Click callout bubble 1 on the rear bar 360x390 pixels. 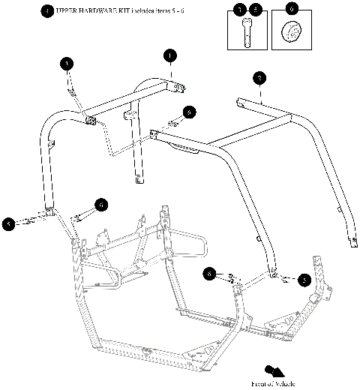point(170,55)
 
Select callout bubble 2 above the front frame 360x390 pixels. point(258,77)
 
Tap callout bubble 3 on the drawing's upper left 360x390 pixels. point(67,64)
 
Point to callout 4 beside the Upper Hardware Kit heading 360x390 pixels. point(48,12)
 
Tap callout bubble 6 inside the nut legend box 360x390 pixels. point(292,10)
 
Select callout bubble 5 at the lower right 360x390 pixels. point(304,280)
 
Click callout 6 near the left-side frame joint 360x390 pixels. point(100,204)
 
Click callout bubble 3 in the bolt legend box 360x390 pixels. point(240,10)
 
